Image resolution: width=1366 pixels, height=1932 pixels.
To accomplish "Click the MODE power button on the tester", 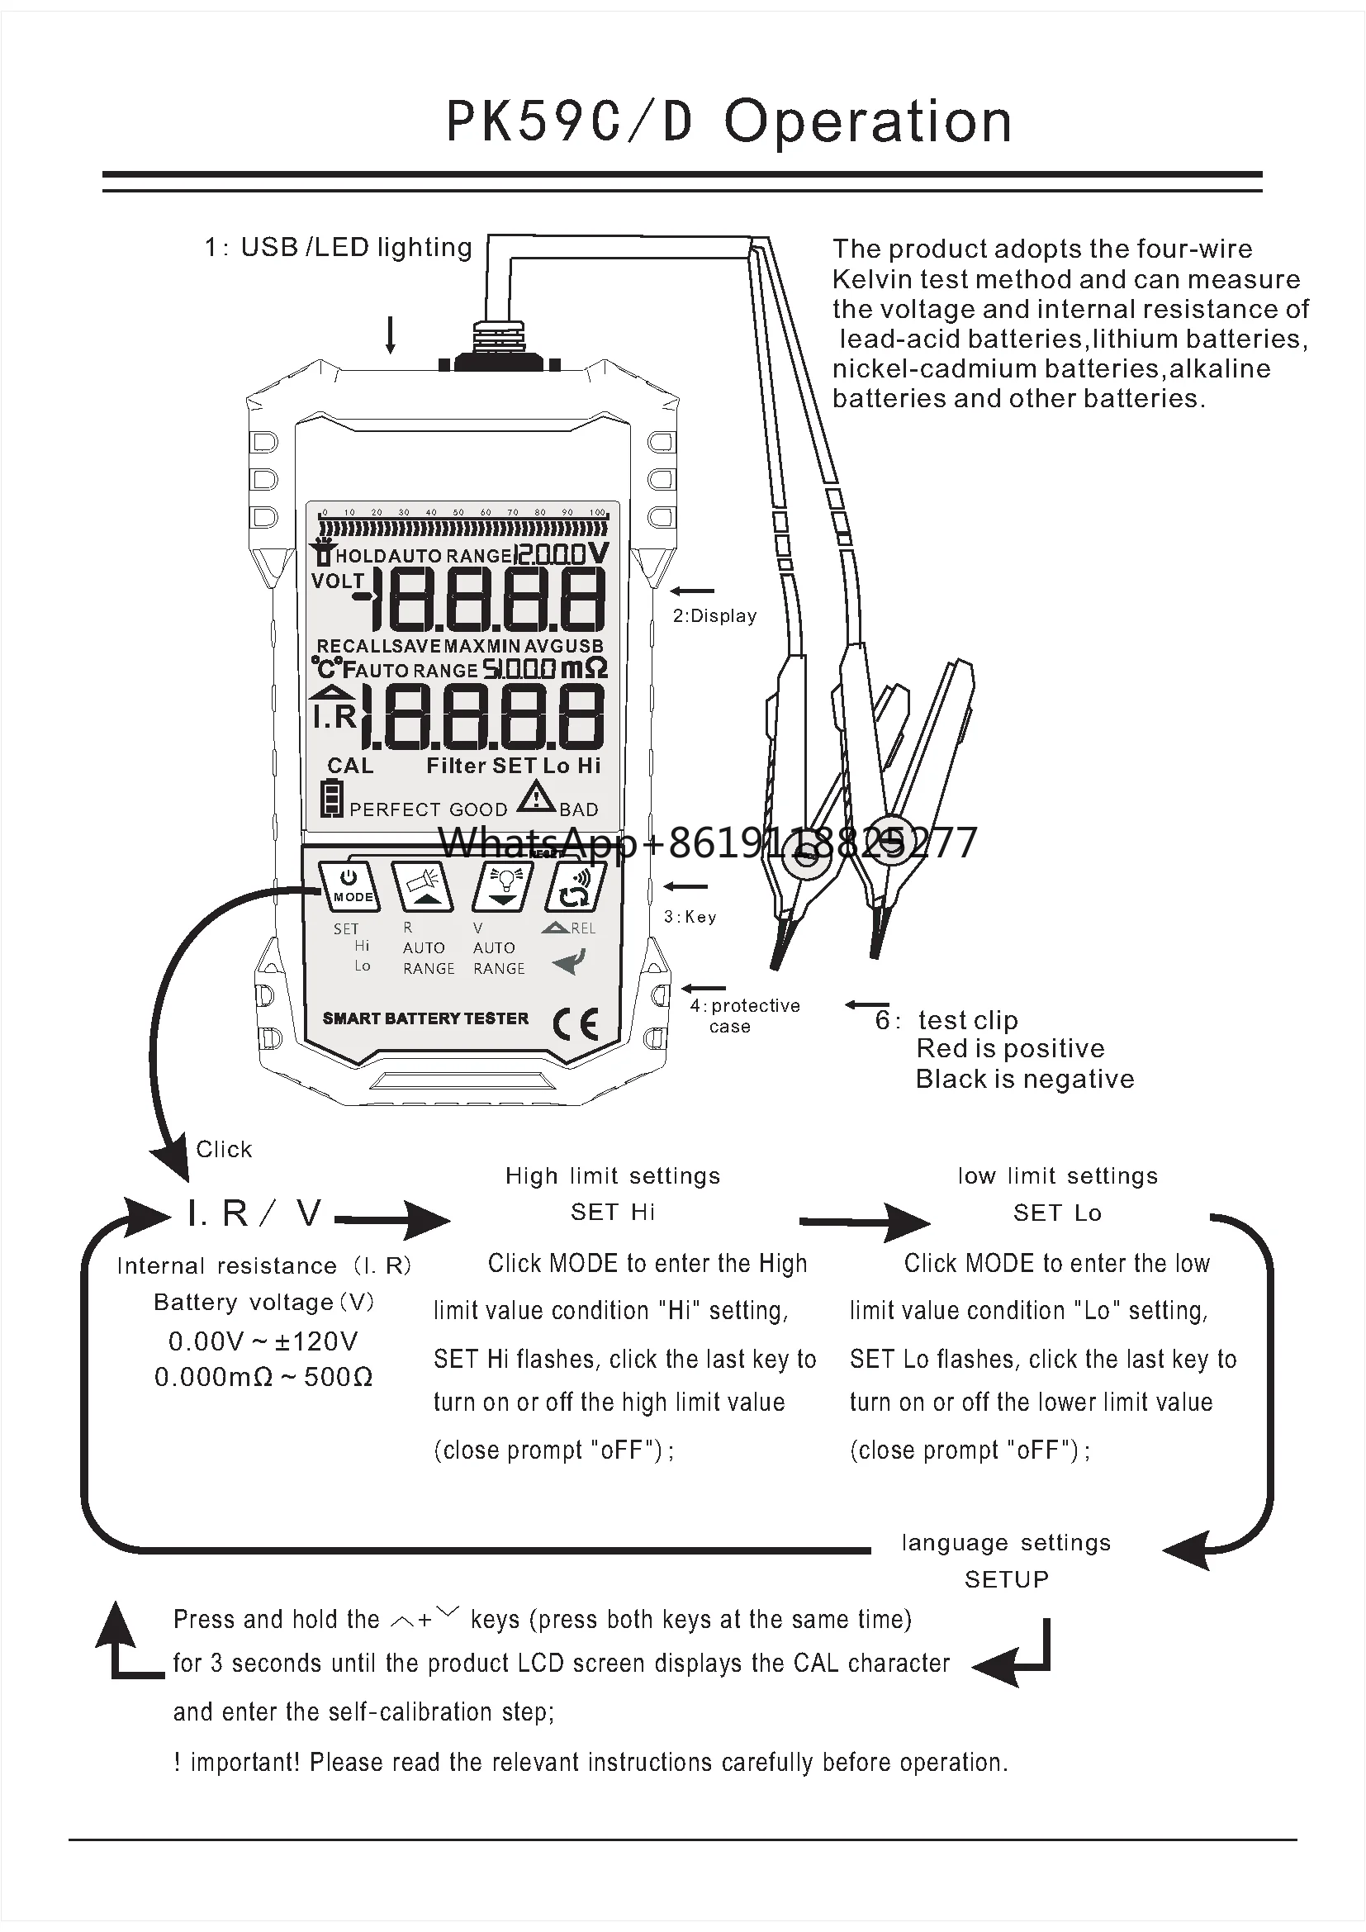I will click(x=350, y=886).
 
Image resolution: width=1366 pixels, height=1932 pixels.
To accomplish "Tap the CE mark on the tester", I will click(x=576, y=1023).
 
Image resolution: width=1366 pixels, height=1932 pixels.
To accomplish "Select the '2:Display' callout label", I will click(x=714, y=616).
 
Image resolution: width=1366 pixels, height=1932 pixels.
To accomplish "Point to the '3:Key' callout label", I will click(x=690, y=916).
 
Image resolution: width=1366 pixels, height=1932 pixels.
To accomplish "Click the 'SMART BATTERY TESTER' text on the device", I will click(x=425, y=1018).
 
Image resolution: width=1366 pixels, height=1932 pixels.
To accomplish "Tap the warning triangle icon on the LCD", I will click(x=536, y=796).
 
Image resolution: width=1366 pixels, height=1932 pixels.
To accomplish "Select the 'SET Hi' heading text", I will click(x=612, y=1212).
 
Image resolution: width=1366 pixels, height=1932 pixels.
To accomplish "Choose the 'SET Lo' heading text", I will click(x=1057, y=1213).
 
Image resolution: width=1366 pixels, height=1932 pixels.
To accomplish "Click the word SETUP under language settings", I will click(x=1006, y=1579).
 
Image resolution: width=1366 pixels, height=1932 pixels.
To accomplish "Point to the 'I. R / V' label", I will click(x=254, y=1213).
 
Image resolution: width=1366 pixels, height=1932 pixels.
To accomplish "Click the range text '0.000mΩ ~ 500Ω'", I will click(x=263, y=1377).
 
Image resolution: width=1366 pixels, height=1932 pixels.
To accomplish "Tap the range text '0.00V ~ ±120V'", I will click(x=263, y=1341).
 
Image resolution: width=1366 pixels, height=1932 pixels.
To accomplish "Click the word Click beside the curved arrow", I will click(x=224, y=1150).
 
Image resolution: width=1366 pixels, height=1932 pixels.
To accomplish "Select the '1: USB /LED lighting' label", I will click(x=338, y=248).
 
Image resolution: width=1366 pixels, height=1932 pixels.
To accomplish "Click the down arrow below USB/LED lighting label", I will click(x=391, y=335).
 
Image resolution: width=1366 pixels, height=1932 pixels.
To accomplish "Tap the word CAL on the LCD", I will click(x=350, y=766).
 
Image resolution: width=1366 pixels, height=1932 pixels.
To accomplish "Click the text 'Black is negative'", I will click(x=1024, y=1079).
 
